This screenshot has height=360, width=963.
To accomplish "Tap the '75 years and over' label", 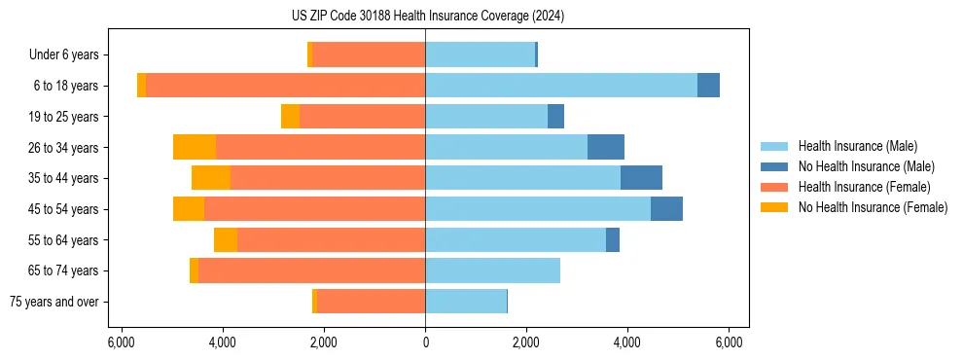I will [54, 302].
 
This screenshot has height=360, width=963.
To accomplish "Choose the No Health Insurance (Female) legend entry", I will [873, 207].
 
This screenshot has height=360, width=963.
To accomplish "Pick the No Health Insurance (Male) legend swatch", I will [775, 166].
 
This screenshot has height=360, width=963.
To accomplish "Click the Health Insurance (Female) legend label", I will [864, 187].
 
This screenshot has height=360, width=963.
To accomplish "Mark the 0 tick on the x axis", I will [425, 342].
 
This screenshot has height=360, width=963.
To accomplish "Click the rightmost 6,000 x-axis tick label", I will [730, 342].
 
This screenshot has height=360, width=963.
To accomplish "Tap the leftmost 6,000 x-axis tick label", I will [121, 342].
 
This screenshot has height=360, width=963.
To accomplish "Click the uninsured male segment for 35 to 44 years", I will [641, 178].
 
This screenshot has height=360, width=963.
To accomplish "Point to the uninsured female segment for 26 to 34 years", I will [195, 147].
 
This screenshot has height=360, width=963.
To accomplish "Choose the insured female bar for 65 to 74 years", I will [311, 270].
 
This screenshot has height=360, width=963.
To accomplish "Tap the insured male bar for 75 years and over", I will [515, 302].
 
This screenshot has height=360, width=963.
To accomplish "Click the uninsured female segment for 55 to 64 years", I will [226, 239].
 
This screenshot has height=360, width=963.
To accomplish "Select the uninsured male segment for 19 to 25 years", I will [555, 117].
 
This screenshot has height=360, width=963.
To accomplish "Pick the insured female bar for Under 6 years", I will [369, 55].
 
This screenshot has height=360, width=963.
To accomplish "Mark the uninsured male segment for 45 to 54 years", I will [666, 209].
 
